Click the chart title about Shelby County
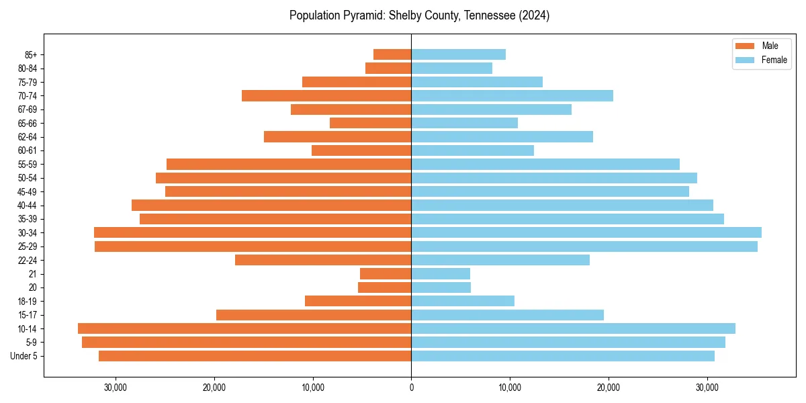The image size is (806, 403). point(419,15)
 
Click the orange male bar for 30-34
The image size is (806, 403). point(253,232)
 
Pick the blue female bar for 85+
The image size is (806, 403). point(458,54)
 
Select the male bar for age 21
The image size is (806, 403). point(386,273)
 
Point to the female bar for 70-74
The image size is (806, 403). point(512,95)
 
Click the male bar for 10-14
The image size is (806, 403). point(244,328)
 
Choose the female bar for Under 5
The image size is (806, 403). point(563,356)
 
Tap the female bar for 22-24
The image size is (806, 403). point(500,260)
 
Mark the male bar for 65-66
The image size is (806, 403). point(370,123)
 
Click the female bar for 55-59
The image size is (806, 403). point(545,164)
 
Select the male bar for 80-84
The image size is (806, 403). point(388,68)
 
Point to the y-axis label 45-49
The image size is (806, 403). point(26,191)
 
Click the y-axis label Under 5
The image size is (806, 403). point(24,356)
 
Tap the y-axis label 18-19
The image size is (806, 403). point(26,301)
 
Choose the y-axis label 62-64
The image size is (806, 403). point(26,136)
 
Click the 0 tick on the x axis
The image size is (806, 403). point(411,388)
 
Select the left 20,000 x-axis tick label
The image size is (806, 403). point(214,388)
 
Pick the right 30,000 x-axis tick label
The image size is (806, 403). point(707,388)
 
